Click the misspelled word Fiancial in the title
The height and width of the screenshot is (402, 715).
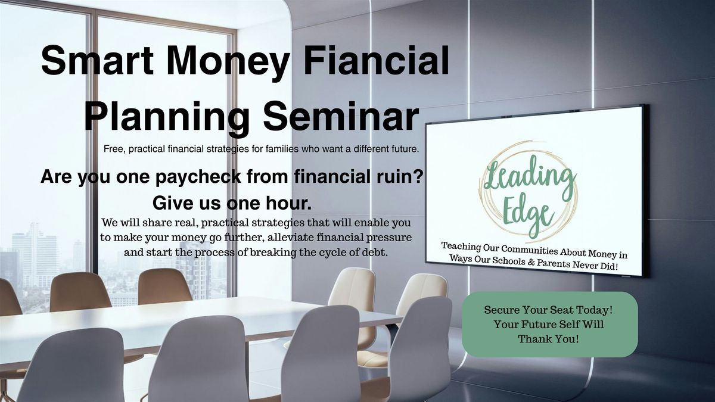[377, 60]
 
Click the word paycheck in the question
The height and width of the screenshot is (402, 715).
[198, 177]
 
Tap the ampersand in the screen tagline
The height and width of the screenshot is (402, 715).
[531, 262]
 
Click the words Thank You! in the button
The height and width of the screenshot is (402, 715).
[548, 338]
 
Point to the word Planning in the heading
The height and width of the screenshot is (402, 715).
[167, 117]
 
